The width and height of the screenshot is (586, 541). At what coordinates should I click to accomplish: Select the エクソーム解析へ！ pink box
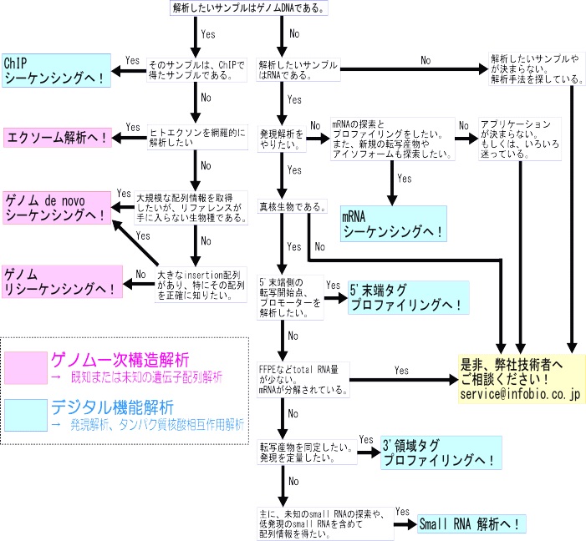click(57, 136)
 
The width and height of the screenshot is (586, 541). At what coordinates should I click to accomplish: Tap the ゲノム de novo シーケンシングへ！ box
click(56, 208)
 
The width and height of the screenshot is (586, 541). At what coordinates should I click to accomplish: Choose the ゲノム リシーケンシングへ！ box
click(56, 281)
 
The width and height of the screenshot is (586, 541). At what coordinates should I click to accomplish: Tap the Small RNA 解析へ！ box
click(472, 523)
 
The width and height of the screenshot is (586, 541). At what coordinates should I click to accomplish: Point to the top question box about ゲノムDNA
click(247, 8)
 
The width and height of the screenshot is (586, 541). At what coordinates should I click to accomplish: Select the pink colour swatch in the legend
click(24, 367)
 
